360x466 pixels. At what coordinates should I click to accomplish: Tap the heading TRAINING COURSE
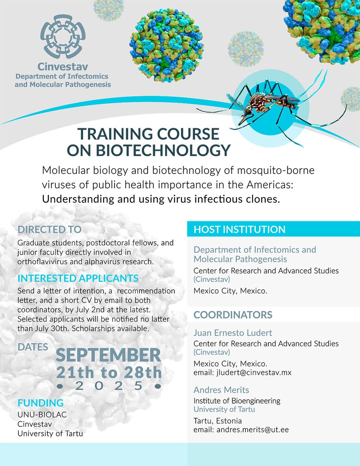(x=148, y=134)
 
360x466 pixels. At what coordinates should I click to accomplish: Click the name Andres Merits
(x=221, y=390)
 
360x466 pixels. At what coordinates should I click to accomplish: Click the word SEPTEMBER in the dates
(x=108, y=355)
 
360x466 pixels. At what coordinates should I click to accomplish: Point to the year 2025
(x=108, y=386)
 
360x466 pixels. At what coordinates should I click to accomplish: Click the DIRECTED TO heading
(x=49, y=229)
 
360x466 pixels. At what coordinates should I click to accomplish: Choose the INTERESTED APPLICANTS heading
(x=78, y=278)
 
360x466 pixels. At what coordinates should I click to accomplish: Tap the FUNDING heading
(x=40, y=403)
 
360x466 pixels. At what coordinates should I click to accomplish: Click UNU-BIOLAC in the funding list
(x=42, y=414)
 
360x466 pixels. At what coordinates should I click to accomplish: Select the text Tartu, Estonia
(x=217, y=421)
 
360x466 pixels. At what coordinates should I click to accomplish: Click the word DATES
(x=33, y=347)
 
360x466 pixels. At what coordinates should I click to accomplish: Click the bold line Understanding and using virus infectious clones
(x=161, y=200)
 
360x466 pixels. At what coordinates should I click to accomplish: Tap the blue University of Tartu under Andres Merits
(x=224, y=409)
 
